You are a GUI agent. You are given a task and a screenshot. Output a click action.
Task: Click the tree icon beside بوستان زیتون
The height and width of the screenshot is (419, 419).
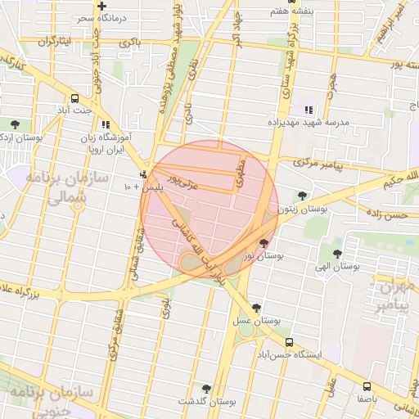pos(302,196)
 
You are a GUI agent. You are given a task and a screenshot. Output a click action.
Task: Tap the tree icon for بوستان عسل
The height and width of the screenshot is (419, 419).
pos(257,308)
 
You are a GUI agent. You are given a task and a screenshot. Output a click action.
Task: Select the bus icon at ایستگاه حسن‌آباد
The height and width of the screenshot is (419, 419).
pos(289,342)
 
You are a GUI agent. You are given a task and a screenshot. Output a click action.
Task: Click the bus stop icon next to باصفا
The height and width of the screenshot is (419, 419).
pos(367,385)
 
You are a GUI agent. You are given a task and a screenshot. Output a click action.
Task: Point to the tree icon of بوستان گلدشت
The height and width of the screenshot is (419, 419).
pos(205,390)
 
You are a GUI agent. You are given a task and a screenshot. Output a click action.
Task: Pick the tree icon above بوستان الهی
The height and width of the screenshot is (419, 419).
pos(337,254)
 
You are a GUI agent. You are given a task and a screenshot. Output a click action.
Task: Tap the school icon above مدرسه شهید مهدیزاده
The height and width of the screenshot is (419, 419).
pos(309,110)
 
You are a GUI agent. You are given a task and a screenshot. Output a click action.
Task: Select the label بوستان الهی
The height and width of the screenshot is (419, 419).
pos(339,267)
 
